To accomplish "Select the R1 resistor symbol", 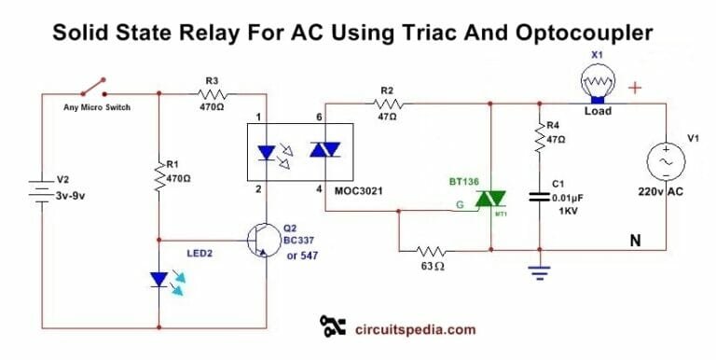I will pos(159,173).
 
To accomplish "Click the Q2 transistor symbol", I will pos(259,240).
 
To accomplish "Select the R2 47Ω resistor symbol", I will pos(386,103).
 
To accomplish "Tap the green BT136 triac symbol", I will pos(490,199).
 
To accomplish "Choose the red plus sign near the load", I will pos(637,89).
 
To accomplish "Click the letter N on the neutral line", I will pos(634,241).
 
